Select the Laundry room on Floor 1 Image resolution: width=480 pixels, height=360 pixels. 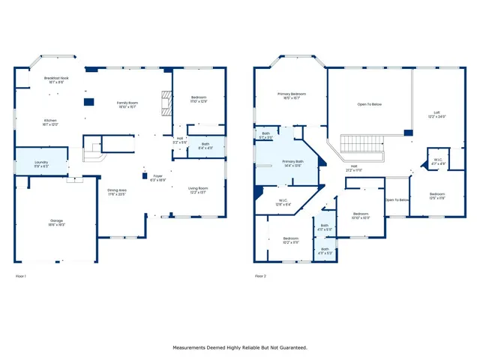click(41, 163)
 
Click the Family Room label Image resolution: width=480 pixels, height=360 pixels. click(127, 103)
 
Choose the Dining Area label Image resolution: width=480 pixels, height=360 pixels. click(117, 192)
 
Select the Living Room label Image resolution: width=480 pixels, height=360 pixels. click(197, 190)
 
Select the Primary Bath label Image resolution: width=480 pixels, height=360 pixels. click(292, 163)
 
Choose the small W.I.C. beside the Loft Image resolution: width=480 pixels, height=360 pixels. click(437, 161)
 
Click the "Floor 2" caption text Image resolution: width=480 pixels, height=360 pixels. click(260, 277)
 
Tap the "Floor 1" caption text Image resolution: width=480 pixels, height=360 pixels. click(21, 277)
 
